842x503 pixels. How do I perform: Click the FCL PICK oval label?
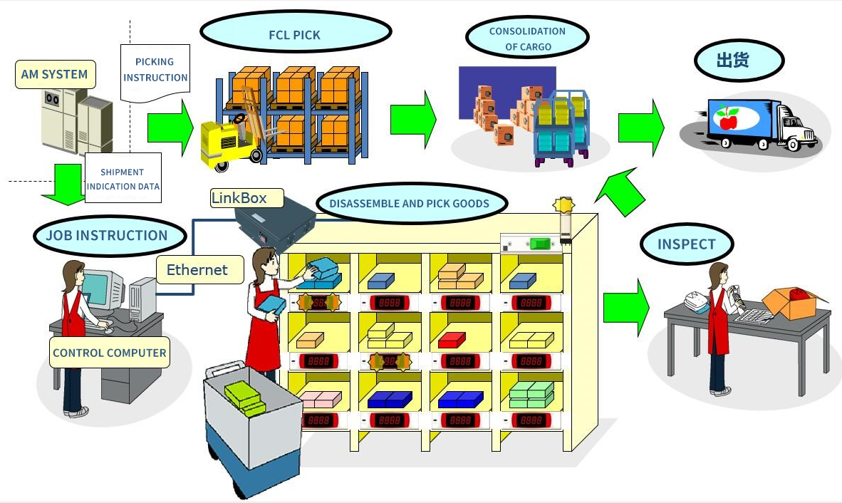coord(295,34)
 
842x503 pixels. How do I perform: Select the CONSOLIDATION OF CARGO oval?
coord(527,39)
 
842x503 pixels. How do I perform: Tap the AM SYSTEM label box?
coord(55,74)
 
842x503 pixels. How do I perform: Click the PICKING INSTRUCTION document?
coord(155,70)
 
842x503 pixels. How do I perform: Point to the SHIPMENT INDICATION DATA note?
coord(123,179)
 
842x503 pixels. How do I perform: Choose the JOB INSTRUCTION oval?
coord(107,236)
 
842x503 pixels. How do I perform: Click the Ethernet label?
coord(197,269)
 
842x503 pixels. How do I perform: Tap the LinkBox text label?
coord(239,197)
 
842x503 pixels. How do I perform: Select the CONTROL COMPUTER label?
coord(110,353)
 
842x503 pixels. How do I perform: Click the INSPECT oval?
coord(686,244)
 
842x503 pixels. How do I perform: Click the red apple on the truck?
coord(728,119)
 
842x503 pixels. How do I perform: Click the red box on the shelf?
coord(452,340)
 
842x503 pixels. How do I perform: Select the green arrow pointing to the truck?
coord(640,128)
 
